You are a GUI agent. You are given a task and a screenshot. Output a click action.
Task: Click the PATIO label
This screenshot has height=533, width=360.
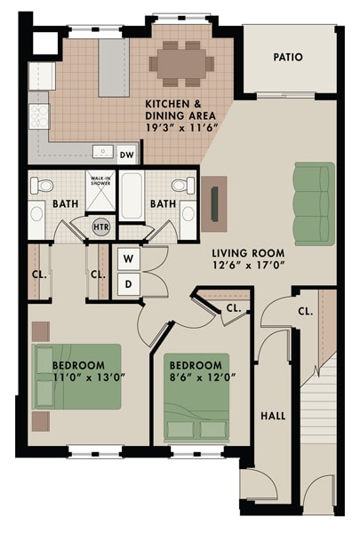coord(287,57)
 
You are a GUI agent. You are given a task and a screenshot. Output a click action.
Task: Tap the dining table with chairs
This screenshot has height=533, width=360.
coord(181,61)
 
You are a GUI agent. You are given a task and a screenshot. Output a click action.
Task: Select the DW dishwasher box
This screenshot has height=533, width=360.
coord(127,155)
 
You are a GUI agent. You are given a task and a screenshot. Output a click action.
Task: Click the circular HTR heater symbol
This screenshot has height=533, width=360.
coord(101,227)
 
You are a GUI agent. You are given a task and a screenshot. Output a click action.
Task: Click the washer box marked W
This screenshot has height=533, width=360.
coord(127,259)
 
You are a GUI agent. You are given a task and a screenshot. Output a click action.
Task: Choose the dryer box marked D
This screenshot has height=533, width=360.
coord(127,284)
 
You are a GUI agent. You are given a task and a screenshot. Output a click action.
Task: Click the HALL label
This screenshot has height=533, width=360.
coord(273,415)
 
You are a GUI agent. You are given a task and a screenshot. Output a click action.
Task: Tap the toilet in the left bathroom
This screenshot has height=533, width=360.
coord(40,187)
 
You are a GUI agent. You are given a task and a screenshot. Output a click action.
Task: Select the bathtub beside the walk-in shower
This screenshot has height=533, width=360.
coord(132,197)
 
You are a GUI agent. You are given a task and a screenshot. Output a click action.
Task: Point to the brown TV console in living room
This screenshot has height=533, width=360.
coord(213,203)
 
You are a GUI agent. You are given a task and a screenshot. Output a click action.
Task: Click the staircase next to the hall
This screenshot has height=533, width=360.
coord(320,409)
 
